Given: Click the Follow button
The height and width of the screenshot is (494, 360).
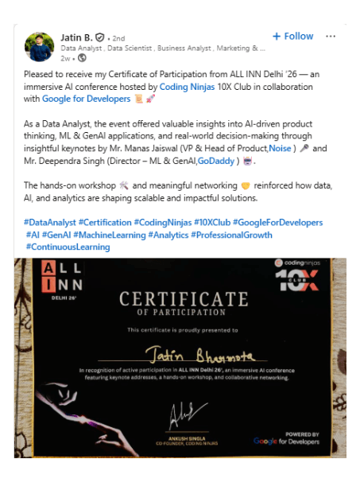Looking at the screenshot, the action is tap(292, 36).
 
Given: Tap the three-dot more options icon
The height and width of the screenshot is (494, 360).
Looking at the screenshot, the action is tap(331, 36).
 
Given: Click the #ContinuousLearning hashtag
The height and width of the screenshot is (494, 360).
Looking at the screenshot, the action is tap(68, 247).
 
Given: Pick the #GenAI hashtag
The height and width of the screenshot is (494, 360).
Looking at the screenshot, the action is tap(54, 235).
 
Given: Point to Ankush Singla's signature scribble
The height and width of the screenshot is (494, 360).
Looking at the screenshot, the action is tap(182, 414).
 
